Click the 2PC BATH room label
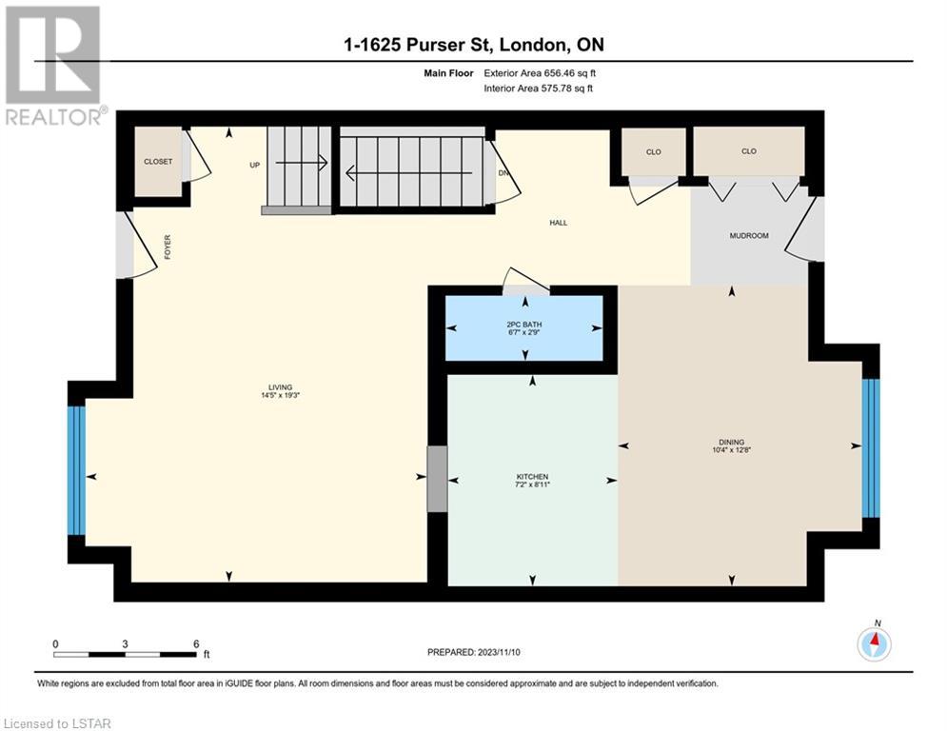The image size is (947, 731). pyautogui.click(x=524, y=325)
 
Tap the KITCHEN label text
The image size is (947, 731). pyautogui.click(x=532, y=477)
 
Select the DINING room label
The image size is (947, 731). pyautogui.click(x=731, y=442)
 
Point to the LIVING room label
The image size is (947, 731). pyautogui.click(x=280, y=387)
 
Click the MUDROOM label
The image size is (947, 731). pyautogui.click(x=749, y=236)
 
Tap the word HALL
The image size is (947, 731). pyautogui.click(x=558, y=223)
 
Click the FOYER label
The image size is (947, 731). pyautogui.click(x=168, y=247)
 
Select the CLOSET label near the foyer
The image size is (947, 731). pyautogui.click(x=158, y=161)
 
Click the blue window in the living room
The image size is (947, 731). pyautogui.click(x=76, y=470)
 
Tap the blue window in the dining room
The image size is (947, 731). pyautogui.click(x=870, y=447)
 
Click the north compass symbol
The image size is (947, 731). pyautogui.click(x=874, y=642)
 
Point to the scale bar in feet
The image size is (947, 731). pyautogui.click(x=125, y=654)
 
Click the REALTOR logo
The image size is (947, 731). pyautogui.click(x=53, y=66)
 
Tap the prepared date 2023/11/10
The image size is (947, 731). pyautogui.click(x=499, y=652)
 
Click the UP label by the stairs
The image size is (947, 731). pyautogui.click(x=255, y=165)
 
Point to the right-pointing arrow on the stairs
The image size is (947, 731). pyautogui.click(x=302, y=162)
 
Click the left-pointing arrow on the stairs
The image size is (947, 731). pyautogui.click(x=408, y=174)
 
